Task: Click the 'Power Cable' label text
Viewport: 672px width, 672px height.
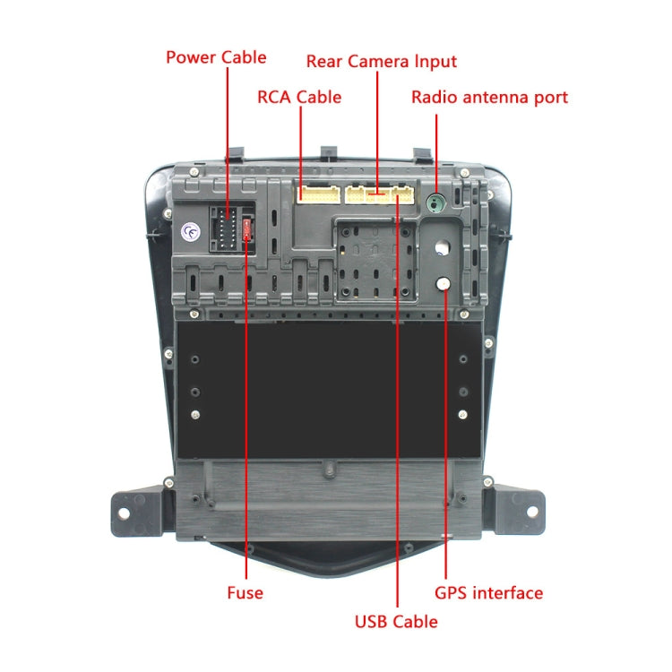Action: tap(216, 57)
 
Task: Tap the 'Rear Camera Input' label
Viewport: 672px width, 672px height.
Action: tap(381, 62)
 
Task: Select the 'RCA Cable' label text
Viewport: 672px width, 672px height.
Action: tap(299, 97)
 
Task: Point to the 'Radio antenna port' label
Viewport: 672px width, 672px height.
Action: tap(489, 97)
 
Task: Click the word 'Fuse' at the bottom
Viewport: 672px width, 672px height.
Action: tap(245, 592)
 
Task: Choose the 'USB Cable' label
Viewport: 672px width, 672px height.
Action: tap(396, 621)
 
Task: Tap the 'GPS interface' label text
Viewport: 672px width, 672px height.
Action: tap(488, 592)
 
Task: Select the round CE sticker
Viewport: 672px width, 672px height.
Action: tap(190, 231)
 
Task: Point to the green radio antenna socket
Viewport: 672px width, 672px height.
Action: tap(436, 202)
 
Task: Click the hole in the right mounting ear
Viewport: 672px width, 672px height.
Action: tap(531, 512)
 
